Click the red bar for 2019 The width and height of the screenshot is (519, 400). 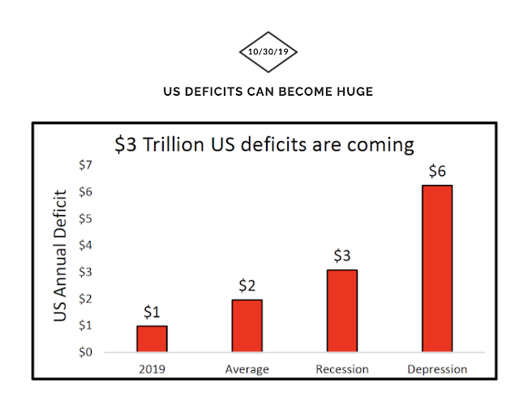pos(152,338)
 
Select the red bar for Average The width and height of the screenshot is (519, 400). pos(247,325)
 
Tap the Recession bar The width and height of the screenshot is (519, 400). pos(341,311)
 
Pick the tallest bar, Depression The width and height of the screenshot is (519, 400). pos(436,269)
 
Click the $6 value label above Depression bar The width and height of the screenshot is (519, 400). pos(436,172)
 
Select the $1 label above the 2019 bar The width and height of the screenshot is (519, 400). pos(152,312)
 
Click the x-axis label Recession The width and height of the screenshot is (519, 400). pos(341,370)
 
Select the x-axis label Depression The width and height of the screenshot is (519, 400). pos(436,370)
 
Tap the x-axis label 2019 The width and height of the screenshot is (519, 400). pos(152,370)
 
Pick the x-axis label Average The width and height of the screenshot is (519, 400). pos(247,370)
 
